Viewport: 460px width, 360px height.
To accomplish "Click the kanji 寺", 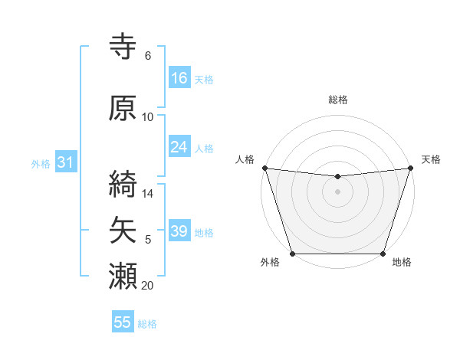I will (x=123, y=46).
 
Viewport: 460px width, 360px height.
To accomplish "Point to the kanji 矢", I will (x=123, y=229).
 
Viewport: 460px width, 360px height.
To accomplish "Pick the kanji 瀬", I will (x=123, y=273).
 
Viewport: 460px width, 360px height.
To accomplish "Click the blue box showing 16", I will (x=179, y=77).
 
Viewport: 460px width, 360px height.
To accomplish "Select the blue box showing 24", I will (x=179, y=147).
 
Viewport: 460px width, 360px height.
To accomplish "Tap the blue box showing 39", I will (x=179, y=231).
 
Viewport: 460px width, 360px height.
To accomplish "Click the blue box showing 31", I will (x=65, y=162).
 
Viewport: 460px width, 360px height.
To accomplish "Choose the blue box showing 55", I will (x=123, y=322).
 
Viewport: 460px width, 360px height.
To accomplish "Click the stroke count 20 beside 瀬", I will (x=148, y=286).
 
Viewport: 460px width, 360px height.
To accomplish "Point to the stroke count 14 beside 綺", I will (x=149, y=194).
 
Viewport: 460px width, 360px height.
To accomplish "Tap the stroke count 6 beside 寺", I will (x=148, y=56).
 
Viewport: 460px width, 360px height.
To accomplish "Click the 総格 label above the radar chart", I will (x=337, y=100).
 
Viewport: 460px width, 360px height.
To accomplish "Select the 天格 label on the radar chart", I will (x=431, y=159).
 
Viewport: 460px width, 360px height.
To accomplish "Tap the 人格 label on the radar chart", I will (x=245, y=159).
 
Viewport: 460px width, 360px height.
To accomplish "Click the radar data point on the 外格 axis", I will (x=292, y=253).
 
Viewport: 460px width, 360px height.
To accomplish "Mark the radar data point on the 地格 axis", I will (x=383, y=253).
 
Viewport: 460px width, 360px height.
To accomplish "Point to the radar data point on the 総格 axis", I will (x=337, y=177).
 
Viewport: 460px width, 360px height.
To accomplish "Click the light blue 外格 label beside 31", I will (x=41, y=163).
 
